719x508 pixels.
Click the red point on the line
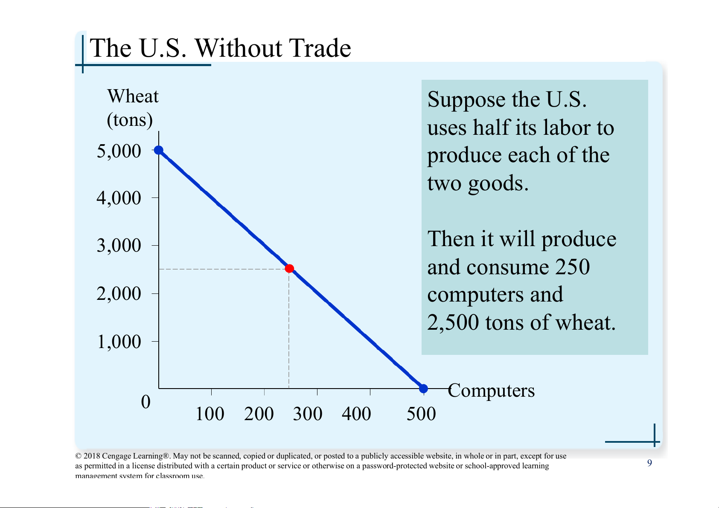(289, 268)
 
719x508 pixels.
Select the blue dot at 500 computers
(423, 389)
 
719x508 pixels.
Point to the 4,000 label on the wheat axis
(119, 198)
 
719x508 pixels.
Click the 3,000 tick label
(119, 246)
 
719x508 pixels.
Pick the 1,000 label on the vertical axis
(119, 342)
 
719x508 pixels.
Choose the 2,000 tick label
(119, 293)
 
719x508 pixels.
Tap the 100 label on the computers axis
(210, 414)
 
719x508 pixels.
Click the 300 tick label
(307, 414)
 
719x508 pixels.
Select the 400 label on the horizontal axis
(356, 414)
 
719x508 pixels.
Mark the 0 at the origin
(146, 402)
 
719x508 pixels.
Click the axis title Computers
(492, 390)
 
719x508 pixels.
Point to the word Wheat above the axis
(133, 96)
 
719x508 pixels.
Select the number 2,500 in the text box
(453, 322)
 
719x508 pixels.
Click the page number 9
(649, 463)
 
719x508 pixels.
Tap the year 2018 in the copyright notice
(92, 456)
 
